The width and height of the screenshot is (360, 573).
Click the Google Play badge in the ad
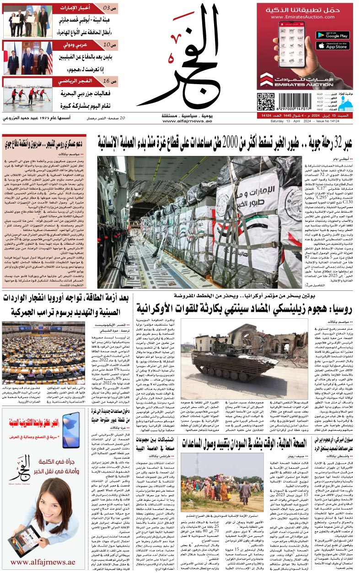click(333, 35)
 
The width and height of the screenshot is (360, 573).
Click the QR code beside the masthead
click(265, 102)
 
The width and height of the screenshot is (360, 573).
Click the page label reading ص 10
click(110, 45)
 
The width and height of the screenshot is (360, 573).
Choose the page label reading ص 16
click(110, 81)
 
